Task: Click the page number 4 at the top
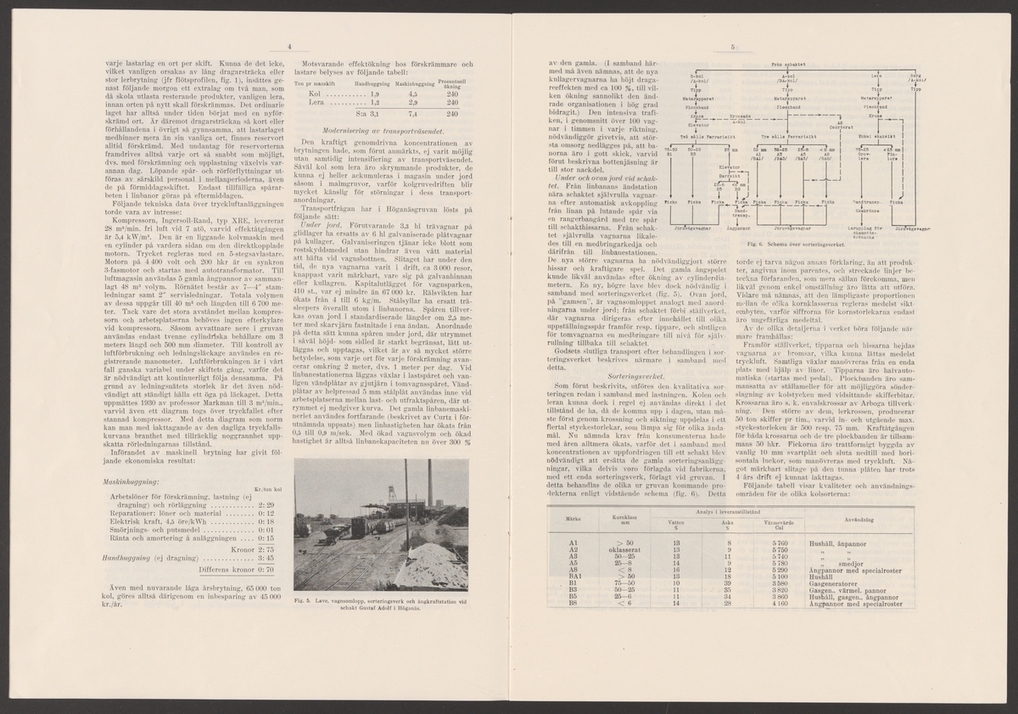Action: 288,48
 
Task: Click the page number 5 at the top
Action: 730,48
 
